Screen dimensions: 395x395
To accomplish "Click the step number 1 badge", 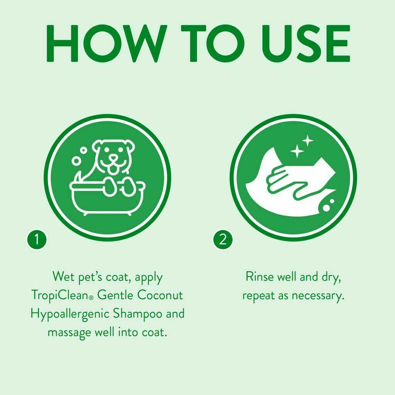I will click(37, 240).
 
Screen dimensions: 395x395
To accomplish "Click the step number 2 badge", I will click(223, 240).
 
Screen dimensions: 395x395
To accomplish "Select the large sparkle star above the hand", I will click(297, 151).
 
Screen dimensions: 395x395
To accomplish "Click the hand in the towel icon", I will click(287, 176).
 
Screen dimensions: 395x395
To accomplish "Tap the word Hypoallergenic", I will click(70, 314).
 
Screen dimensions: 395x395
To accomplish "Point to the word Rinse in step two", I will click(259, 277).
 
